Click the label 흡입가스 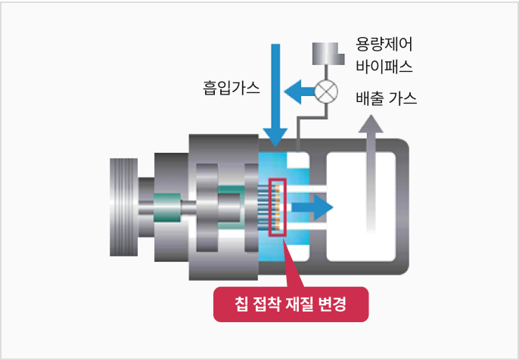point(231,88)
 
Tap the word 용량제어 point(384,42)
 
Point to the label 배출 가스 point(386,99)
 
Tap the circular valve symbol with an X point(327,92)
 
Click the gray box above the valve point(327,54)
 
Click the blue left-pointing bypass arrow point(299,92)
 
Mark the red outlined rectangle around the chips point(278,206)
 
